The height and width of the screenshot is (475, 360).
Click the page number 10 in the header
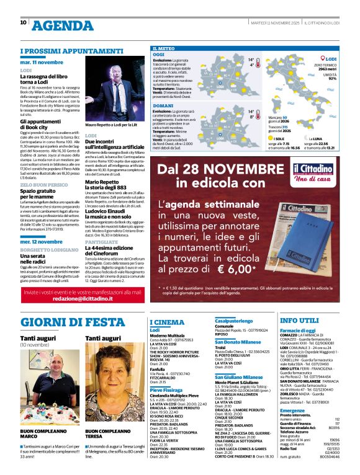pos(23,22)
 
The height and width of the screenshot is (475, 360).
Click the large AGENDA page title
pos(62,25)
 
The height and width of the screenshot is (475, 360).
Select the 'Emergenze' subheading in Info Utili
pos(292,411)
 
